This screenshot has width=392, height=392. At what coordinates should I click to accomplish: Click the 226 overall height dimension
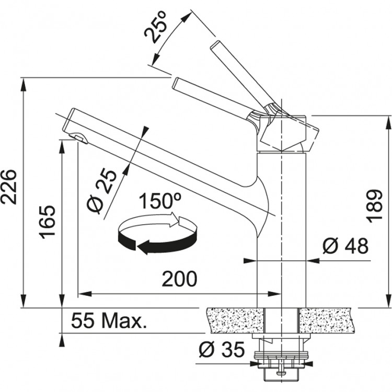(x=12, y=187)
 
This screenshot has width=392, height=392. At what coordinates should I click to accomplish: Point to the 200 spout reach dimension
(x=179, y=280)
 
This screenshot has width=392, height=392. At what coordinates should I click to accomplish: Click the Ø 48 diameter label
(x=345, y=245)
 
